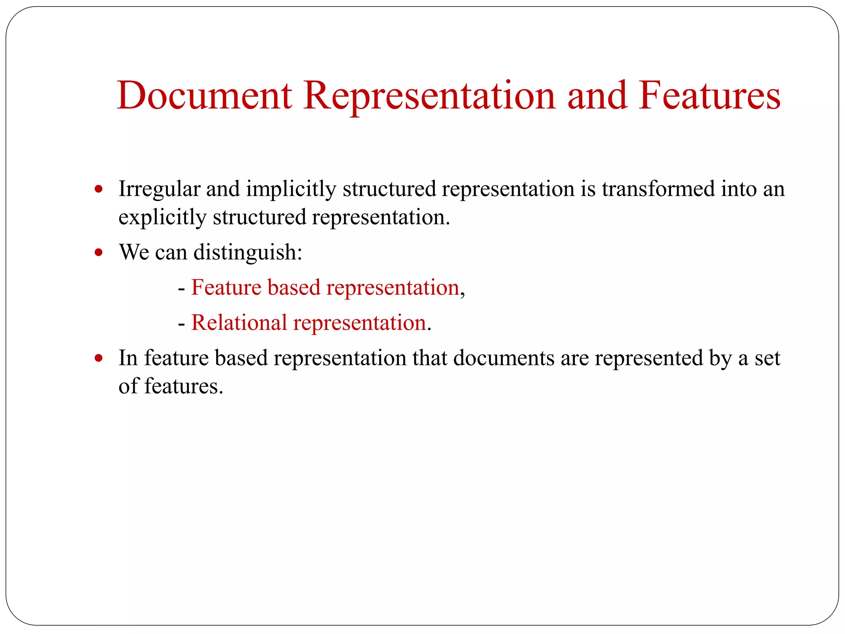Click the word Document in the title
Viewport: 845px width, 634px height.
click(x=205, y=96)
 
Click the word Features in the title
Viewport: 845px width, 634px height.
click(x=710, y=96)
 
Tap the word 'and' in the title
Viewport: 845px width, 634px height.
click(x=597, y=96)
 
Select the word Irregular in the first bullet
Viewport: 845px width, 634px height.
click(x=159, y=190)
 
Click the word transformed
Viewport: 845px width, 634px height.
click(x=658, y=189)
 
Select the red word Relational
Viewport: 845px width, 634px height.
click(x=239, y=322)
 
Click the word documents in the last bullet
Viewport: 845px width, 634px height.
click(x=504, y=358)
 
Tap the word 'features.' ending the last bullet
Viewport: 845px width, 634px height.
click(x=184, y=386)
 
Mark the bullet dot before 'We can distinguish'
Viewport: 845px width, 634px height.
click(x=98, y=252)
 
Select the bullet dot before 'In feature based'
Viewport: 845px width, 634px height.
click(x=98, y=358)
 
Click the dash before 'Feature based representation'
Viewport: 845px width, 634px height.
click(x=181, y=288)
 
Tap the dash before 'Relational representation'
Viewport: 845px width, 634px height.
click(x=181, y=323)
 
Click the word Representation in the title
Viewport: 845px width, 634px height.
click(x=430, y=96)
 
